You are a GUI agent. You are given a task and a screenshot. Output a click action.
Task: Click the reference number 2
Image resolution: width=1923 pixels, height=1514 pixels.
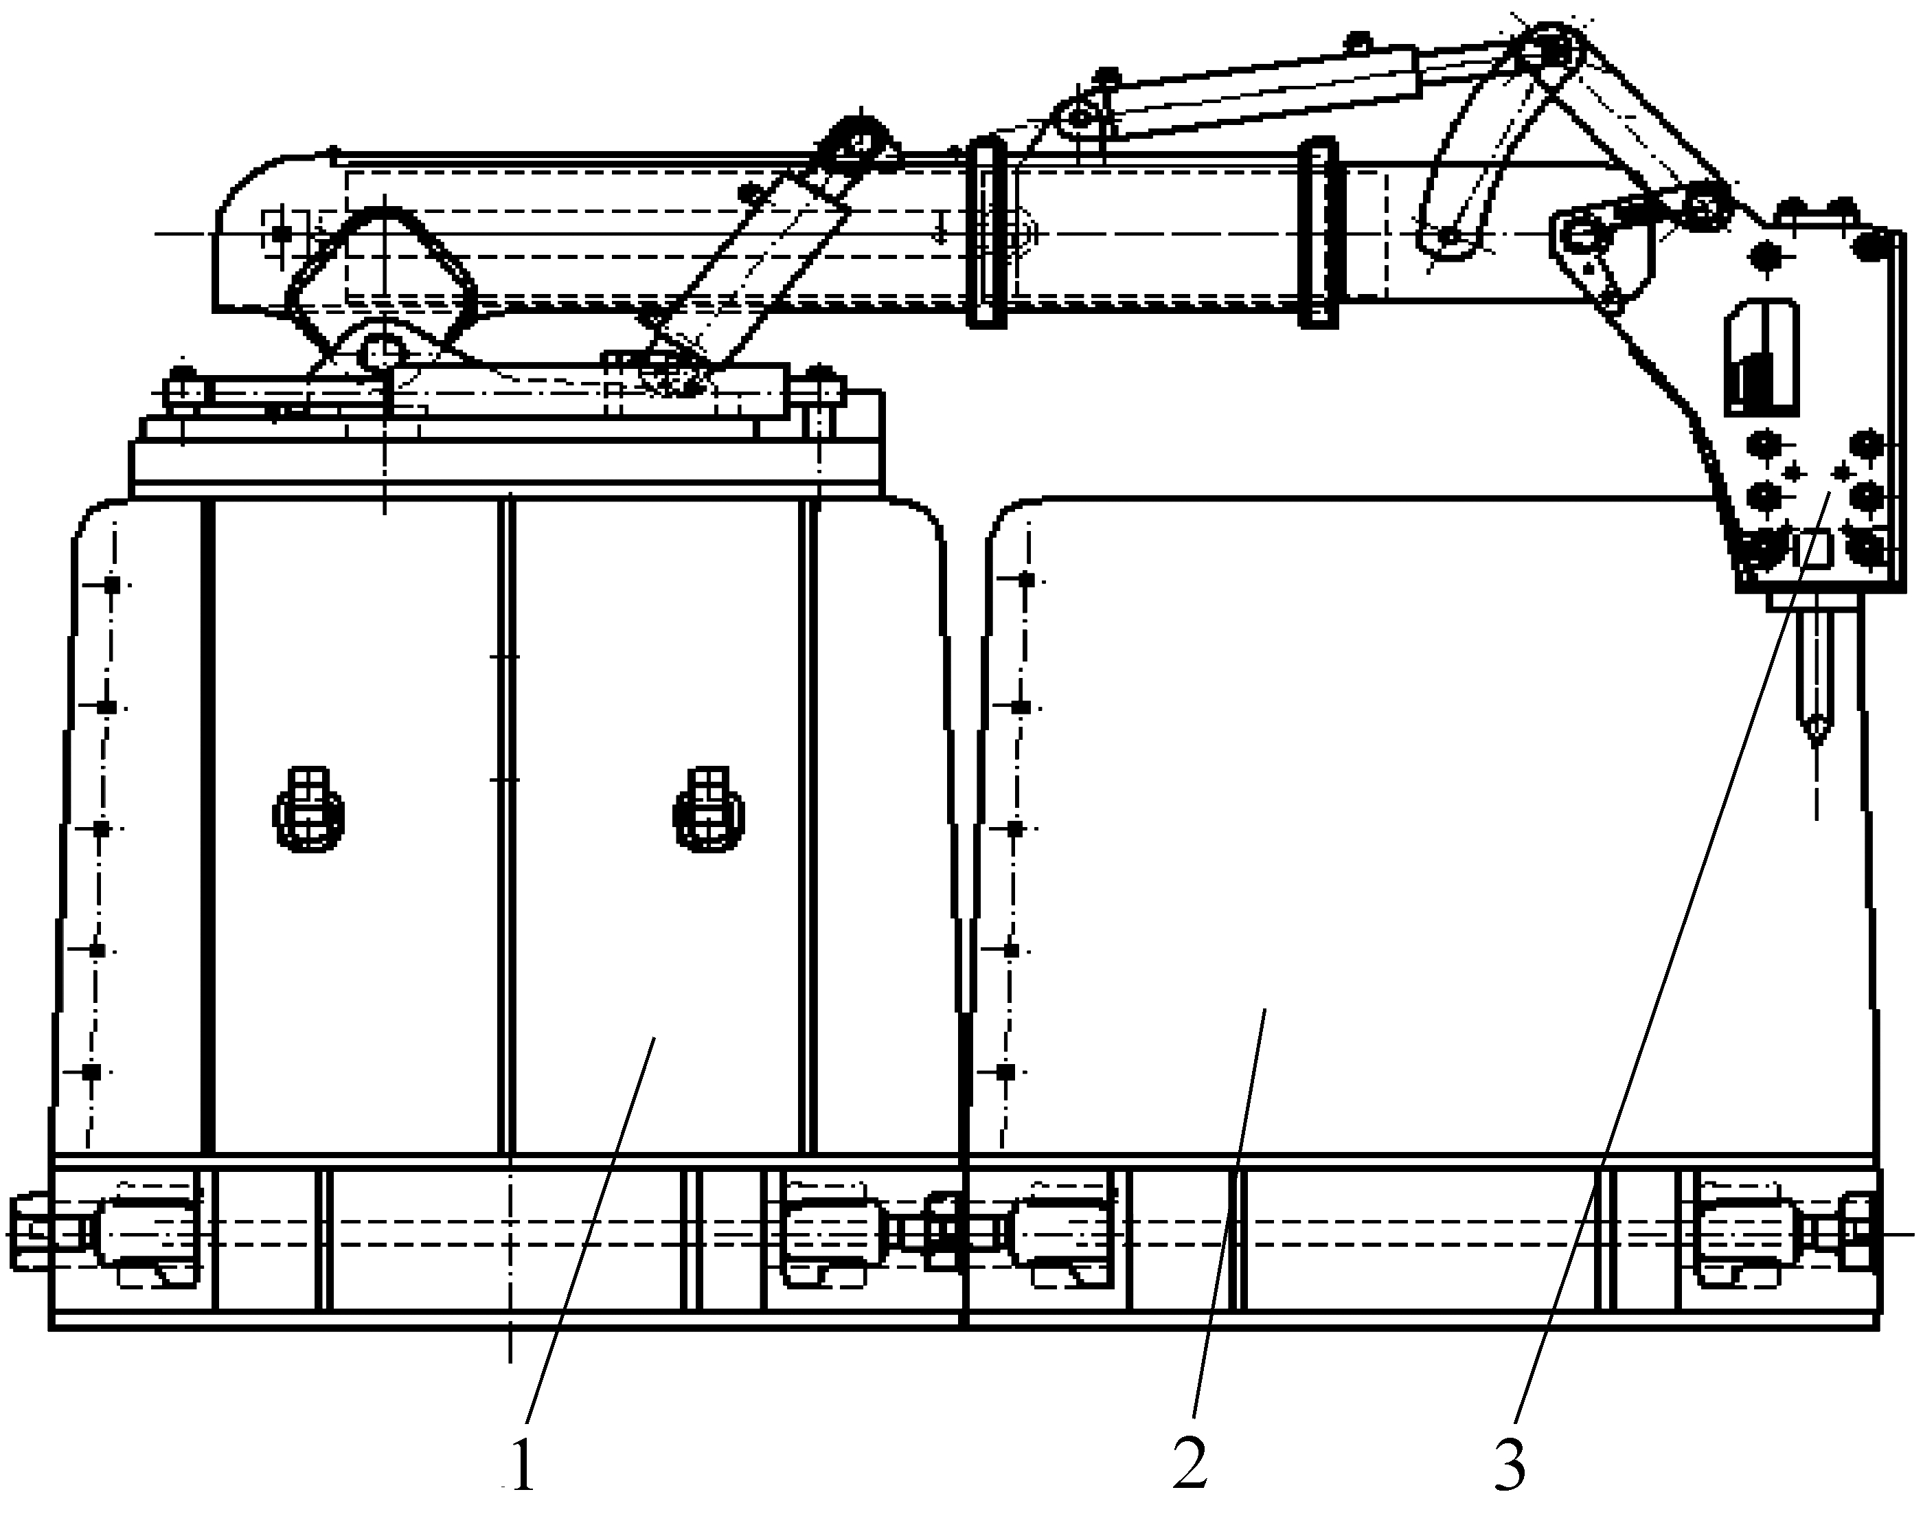click(x=1190, y=1462)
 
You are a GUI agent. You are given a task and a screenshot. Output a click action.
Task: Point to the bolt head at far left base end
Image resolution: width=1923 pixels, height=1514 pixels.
click(x=28, y=1232)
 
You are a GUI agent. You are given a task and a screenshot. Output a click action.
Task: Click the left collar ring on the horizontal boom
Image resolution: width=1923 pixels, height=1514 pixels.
click(x=986, y=232)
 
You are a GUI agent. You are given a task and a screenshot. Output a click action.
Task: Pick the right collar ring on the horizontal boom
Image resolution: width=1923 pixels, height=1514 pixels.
click(x=1318, y=232)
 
